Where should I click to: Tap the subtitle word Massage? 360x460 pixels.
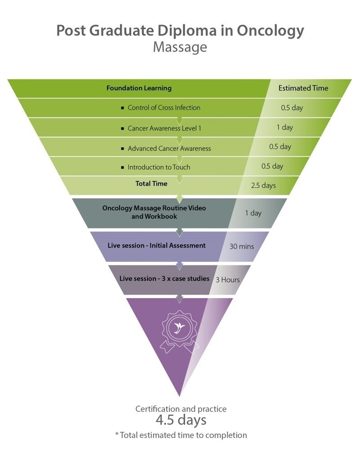[180, 47]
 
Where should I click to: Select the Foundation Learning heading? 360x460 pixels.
[139, 88]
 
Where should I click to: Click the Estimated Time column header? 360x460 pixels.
[303, 88]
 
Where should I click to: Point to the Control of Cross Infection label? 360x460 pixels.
[164, 108]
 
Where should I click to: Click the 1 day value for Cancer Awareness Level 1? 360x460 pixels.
[284, 127]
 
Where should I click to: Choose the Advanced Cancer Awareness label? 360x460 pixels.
[169, 148]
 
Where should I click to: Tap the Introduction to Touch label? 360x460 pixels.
[159, 167]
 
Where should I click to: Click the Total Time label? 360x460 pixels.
[151, 183]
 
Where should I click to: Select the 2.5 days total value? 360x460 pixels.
[263, 185]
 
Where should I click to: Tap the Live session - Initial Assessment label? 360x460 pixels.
[156, 246]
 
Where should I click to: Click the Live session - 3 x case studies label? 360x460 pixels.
[164, 278]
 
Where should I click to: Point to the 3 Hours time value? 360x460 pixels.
[228, 280]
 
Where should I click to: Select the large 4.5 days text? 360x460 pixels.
[181, 420]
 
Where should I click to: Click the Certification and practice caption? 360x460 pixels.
[181, 409]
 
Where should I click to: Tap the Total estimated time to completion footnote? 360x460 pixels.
[181, 435]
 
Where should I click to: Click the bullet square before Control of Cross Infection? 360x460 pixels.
[122, 108]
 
